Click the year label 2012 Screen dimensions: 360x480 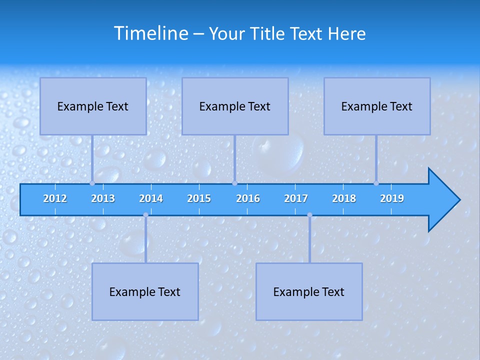pyautogui.click(x=55, y=198)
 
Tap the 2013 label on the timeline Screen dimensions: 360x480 pyautogui.click(x=103, y=198)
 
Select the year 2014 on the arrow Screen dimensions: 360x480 pyautogui.click(x=151, y=198)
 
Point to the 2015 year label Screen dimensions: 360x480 pyautogui.click(x=199, y=198)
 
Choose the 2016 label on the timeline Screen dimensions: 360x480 pyautogui.click(x=248, y=198)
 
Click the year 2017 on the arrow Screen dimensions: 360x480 pyautogui.click(x=296, y=198)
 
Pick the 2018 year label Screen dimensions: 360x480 pyautogui.click(x=344, y=198)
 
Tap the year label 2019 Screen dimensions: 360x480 pyautogui.click(x=392, y=198)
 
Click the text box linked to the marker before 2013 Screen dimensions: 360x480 pyautogui.click(x=93, y=106)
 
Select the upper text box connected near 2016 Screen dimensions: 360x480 pyautogui.click(x=235, y=106)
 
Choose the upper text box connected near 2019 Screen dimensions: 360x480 pyautogui.click(x=377, y=106)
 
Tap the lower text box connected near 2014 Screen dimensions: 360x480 pyautogui.click(x=145, y=291)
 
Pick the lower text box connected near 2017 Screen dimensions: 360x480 pyautogui.click(x=309, y=291)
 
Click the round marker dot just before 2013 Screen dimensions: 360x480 pyautogui.click(x=92, y=183)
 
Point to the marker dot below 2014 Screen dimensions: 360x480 pyautogui.click(x=145, y=215)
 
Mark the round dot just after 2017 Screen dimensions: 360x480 pyautogui.click(x=309, y=215)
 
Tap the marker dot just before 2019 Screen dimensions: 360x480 pyautogui.click(x=376, y=183)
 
